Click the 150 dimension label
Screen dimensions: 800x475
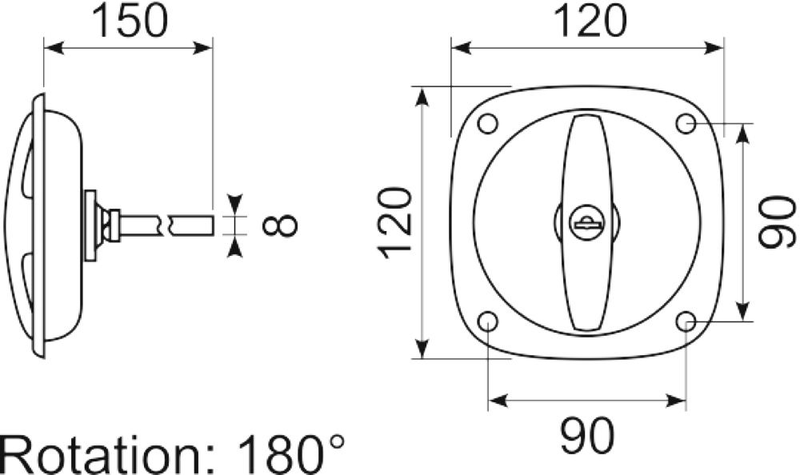click(x=130, y=22)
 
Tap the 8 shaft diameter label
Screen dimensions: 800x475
click(x=279, y=225)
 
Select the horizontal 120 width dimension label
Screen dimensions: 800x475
click(x=589, y=22)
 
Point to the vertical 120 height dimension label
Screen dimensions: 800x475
click(x=394, y=223)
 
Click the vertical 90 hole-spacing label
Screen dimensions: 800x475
click(x=777, y=222)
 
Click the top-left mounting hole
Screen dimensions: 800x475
click(x=488, y=123)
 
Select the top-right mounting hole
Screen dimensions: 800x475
click(x=686, y=123)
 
